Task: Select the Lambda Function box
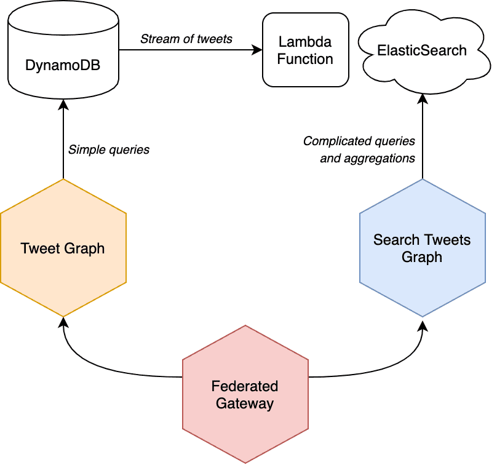click(305, 50)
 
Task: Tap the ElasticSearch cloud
click(422, 50)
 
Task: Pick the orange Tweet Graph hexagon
click(63, 248)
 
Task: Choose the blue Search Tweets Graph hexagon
click(422, 248)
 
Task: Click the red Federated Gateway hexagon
click(245, 395)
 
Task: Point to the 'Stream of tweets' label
click(186, 39)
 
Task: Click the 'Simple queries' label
click(109, 149)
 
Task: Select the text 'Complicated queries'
click(359, 141)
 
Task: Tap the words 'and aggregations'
click(367, 158)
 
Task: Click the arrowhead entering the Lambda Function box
click(257, 50)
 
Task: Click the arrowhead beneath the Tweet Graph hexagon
click(63, 323)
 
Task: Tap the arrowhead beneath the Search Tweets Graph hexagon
click(422, 323)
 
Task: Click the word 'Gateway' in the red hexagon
click(245, 403)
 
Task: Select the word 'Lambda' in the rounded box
click(305, 42)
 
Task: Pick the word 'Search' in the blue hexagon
click(394, 240)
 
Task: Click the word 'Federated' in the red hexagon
click(245, 387)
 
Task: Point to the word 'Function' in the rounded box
click(305, 59)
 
